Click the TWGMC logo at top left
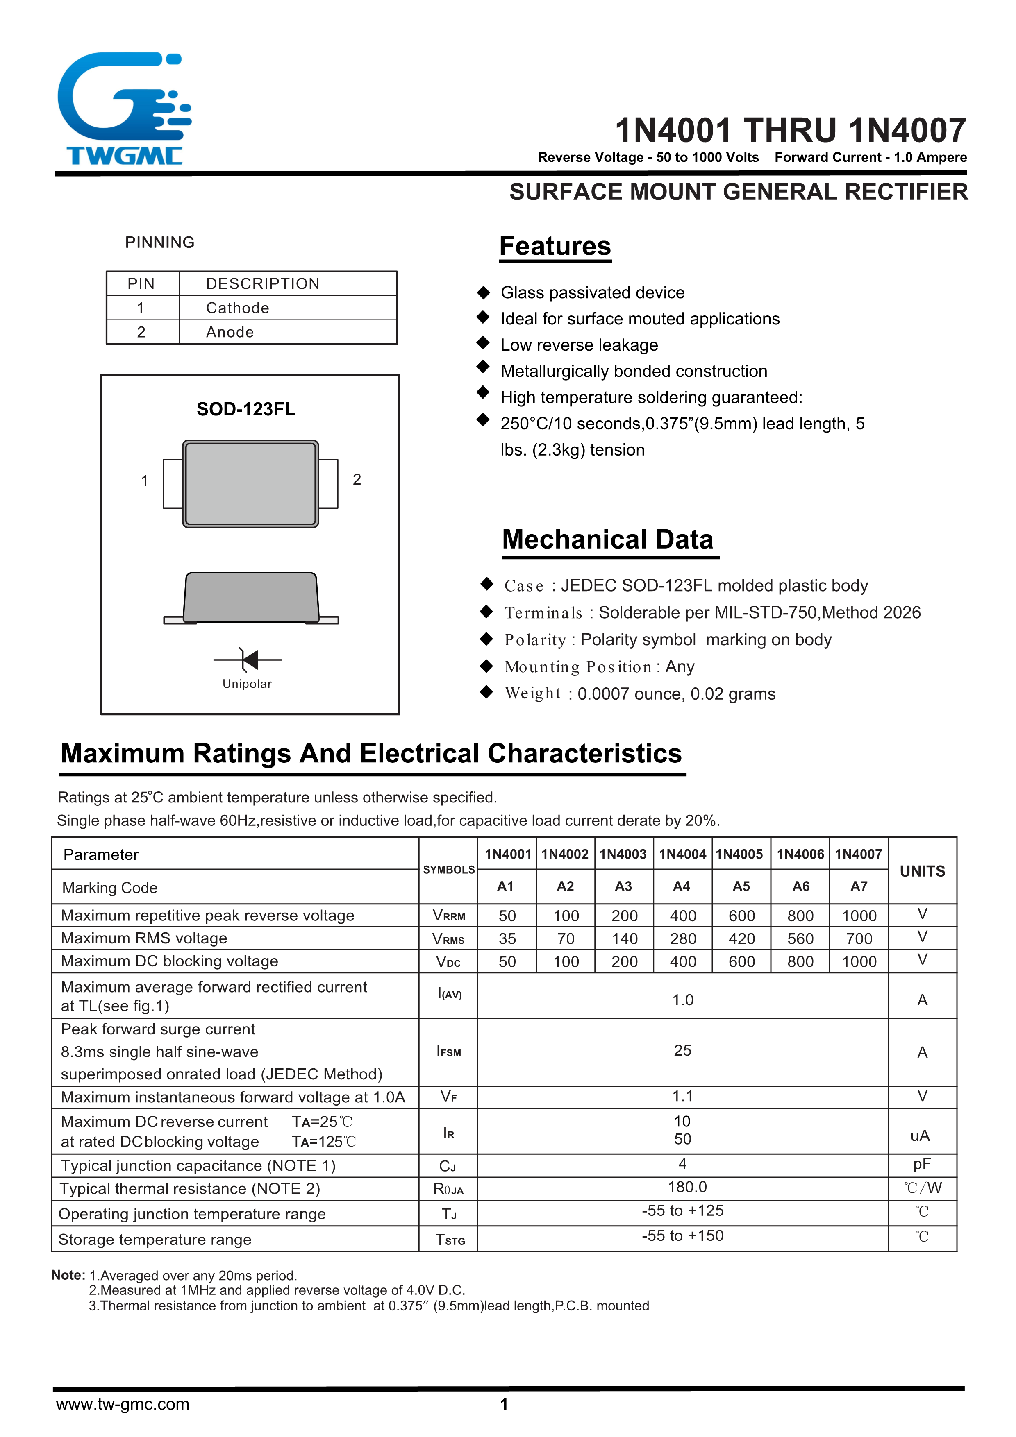coord(124,109)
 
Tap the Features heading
coord(555,246)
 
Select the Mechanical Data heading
coord(607,539)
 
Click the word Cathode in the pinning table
coord(237,308)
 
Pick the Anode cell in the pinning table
coord(230,332)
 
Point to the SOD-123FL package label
coord(245,409)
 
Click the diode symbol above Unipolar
coord(248,660)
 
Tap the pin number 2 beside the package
coord(357,479)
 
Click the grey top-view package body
coord(250,483)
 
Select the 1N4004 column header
coord(682,854)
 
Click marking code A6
coord(801,886)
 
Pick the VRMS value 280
coord(682,939)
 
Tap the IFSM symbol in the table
coord(448,1052)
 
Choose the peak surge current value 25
coord(682,1051)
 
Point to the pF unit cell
coord(921,1164)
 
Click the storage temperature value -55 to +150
coord(682,1236)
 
